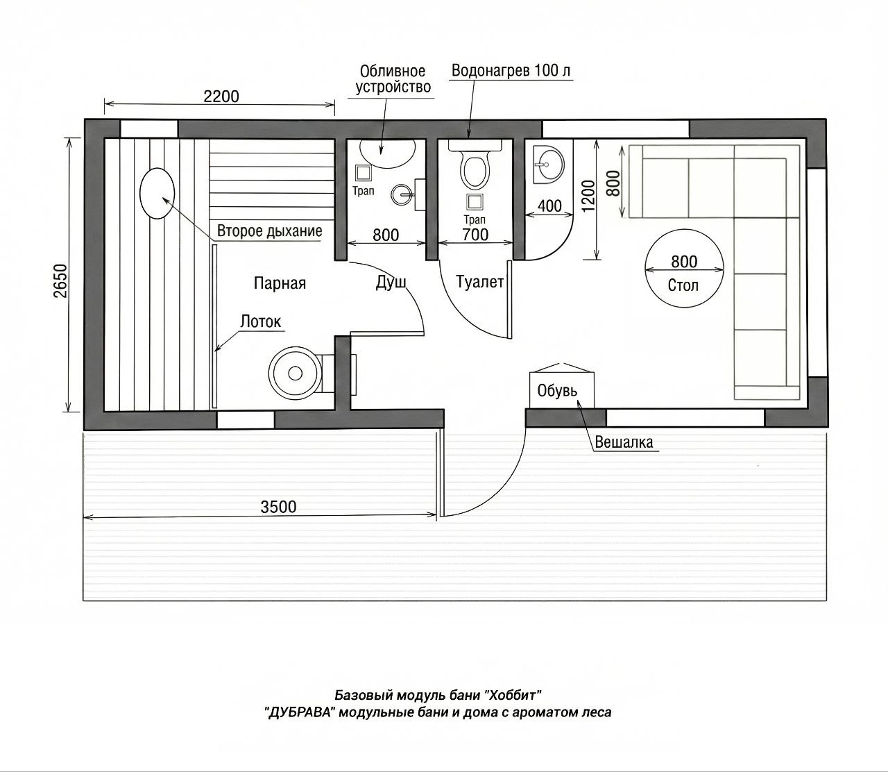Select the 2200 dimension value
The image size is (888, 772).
(221, 96)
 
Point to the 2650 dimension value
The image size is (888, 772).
(61, 280)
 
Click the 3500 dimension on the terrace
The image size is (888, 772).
(278, 506)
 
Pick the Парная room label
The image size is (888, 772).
(280, 283)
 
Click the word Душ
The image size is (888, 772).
(391, 283)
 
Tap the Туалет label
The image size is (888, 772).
(479, 283)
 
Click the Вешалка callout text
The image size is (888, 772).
(624, 442)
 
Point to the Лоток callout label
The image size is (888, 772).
(260, 321)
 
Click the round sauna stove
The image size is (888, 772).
(296, 373)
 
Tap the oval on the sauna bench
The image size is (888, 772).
(157, 193)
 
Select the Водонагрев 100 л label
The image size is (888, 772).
(511, 70)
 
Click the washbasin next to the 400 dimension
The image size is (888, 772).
(548, 165)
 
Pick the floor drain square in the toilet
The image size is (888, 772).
(475, 202)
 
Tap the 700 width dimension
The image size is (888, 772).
(475, 235)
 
